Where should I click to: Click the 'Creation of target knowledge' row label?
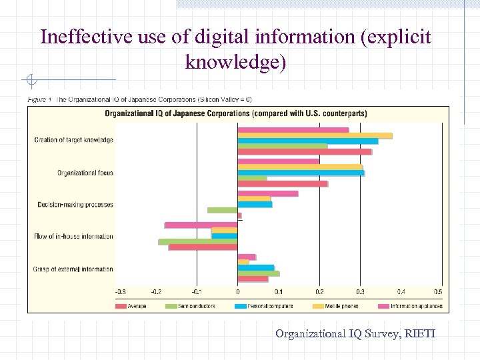tap(73, 140)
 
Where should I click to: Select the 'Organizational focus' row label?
tap(85, 173)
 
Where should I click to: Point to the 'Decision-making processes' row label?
tap(75, 205)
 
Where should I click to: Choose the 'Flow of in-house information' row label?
tap(73, 236)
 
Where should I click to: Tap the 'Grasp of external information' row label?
tap(73, 269)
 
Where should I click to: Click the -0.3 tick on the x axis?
tap(120, 292)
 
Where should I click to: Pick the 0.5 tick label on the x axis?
tap(438, 292)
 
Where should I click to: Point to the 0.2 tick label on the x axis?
tap(320, 292)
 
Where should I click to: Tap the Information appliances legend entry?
tap(414, 306)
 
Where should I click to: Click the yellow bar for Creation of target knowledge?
tap(315, 135)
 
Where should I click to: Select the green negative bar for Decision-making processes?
tap(222, 210)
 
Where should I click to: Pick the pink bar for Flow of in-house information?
tap(201, 225)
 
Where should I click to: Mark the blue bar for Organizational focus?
tap(301, 173)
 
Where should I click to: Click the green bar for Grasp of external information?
tap(258, 273)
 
